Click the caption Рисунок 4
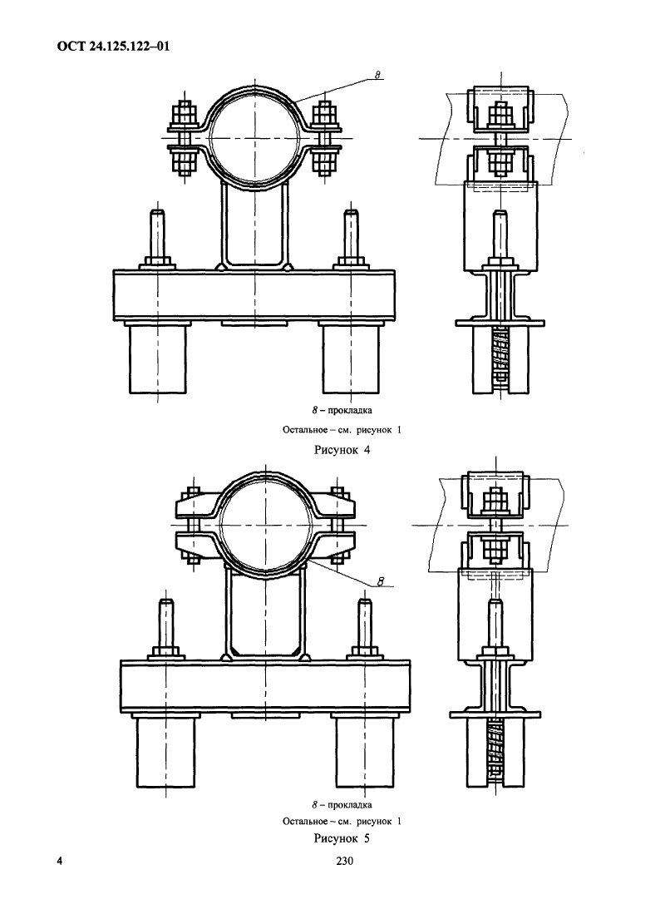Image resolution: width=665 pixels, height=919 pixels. pyautogui.click(x=342, y=450)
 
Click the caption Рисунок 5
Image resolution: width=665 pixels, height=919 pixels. pyautogui.click(x=342, y=838)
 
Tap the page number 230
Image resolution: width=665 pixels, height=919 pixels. pyautogui.click(x=344, y=861)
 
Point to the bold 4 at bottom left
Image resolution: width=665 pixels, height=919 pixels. pyautogui.click(x=60, y=861)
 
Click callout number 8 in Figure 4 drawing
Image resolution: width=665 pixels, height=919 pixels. pyautogui.click(x=377, y=75)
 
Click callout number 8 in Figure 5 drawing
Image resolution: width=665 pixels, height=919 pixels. pyautogui.click(x=380, y=582)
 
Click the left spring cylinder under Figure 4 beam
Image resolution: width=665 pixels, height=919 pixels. pyautogui.click(x=158, y=358)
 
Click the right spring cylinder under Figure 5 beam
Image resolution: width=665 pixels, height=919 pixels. pyautogui.click(x=365, y=753)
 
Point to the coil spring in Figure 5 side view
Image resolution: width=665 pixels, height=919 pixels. pyautogui.click(x=495, y=750)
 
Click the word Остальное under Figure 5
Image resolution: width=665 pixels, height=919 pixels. pyautogui.click(x=305, y=821)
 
